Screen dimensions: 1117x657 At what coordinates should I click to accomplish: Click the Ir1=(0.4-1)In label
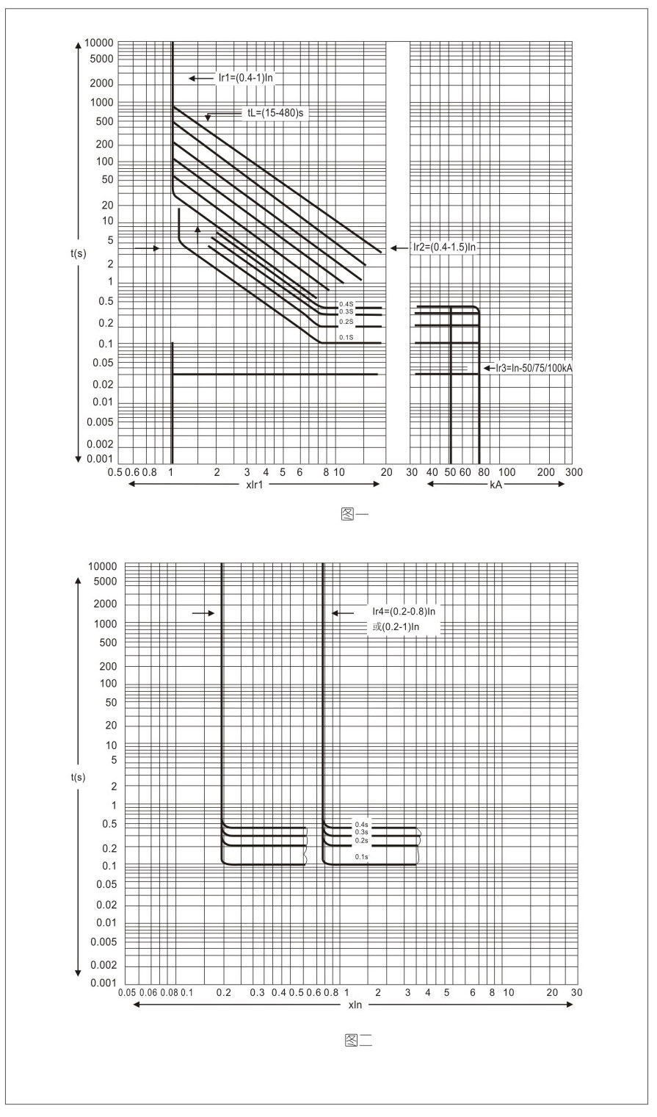click(245, 77)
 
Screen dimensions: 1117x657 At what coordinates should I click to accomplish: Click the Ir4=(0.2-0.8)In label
click(404, 611)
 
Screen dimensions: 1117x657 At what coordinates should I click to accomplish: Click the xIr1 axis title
click(256, 485)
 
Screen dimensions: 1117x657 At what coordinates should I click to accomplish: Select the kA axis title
click(496, 485)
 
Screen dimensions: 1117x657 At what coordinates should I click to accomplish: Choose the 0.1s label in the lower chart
click(361, 857)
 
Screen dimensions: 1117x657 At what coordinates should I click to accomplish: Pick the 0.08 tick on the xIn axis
click(169, 992)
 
